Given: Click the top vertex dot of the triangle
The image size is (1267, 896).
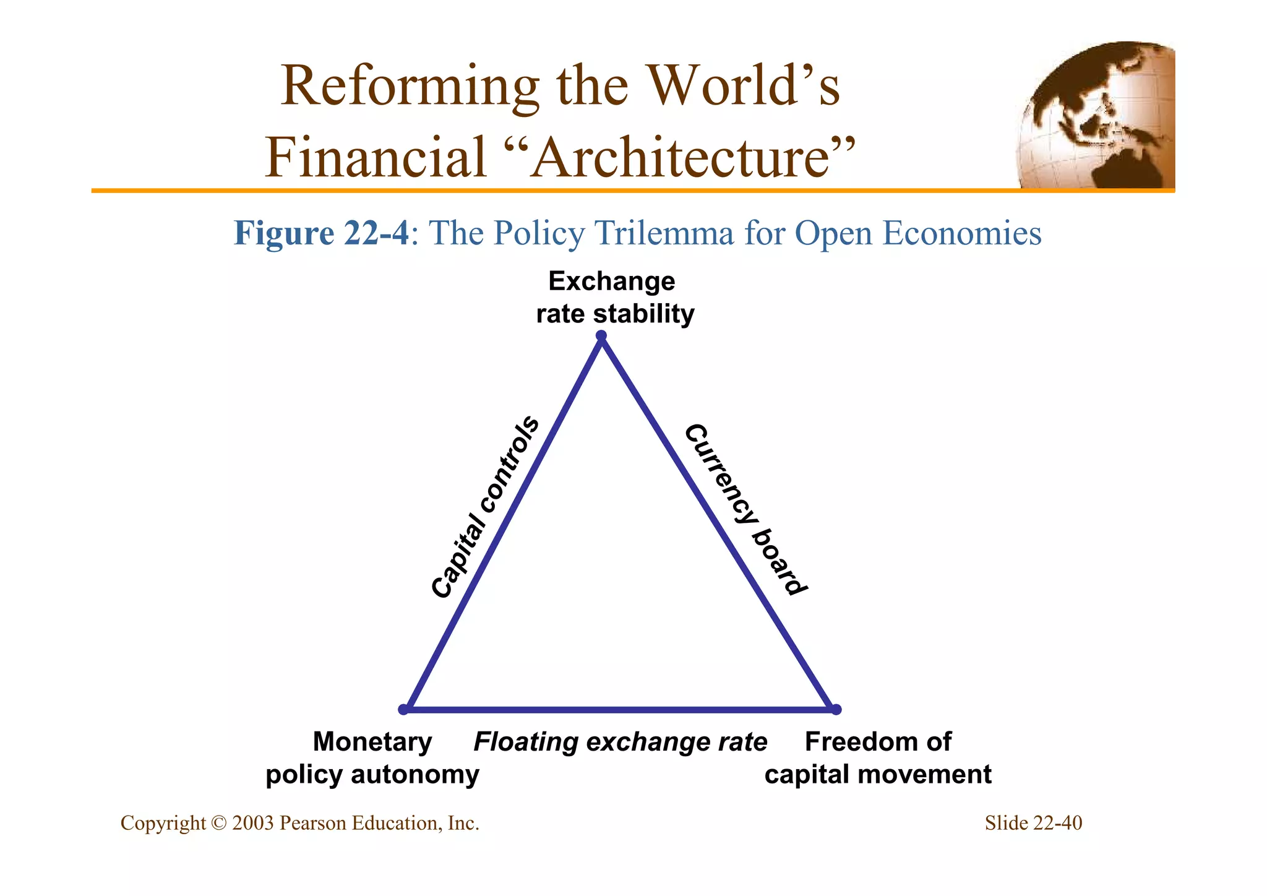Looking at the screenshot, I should point(601,337).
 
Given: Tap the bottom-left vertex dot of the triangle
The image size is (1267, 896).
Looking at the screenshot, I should point(403,709).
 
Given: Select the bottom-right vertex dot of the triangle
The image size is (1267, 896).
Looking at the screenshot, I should point(836,709).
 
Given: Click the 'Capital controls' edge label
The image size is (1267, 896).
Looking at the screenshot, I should point(485,507).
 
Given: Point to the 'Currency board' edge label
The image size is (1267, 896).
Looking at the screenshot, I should point(746,509).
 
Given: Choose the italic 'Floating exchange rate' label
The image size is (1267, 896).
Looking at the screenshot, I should point(620,741).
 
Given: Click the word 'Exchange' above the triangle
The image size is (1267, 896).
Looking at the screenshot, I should point(611,282).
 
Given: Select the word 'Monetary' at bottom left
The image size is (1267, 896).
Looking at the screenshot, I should point(372,741).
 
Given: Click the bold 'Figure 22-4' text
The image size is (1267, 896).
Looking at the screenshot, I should point(321,233).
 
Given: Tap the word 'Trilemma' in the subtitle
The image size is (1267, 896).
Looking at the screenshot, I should point(664,233).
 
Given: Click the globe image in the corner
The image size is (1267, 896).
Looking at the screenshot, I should point(1096,115).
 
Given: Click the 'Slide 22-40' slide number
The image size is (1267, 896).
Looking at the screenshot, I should point(1033,823).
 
